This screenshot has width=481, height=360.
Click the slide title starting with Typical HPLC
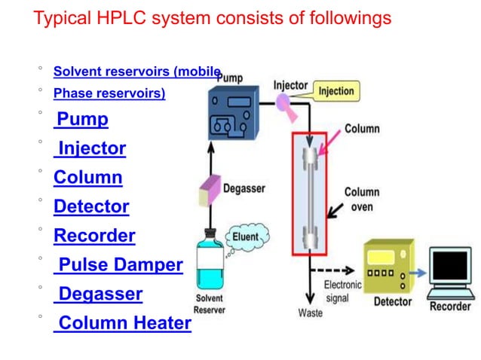click(212, 17)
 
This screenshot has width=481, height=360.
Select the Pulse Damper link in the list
click(119, 265)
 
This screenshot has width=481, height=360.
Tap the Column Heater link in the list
click(124, 324)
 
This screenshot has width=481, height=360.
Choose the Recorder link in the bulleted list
click(94, 236)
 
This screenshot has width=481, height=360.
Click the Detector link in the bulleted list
click(91, 206)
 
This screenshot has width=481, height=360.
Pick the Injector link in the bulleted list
click(91, 148)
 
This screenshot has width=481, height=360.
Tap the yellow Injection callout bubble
click(336, 91)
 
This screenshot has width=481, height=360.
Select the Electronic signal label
click(343, 291)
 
